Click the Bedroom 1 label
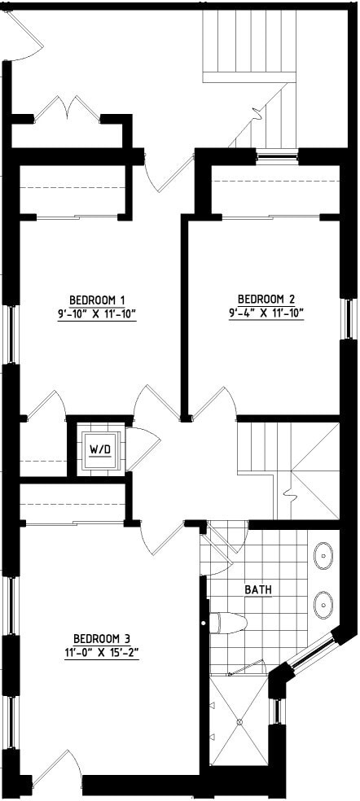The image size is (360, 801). click(96, 298)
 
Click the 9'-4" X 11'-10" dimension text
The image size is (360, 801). click(266, 312)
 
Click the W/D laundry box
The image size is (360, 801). click(99, 448)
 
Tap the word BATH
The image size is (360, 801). click(258, 589)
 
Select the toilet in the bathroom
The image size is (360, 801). click(228, 624)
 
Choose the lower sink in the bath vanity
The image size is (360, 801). click(323, 604)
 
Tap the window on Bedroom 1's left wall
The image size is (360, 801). click(11, 334)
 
